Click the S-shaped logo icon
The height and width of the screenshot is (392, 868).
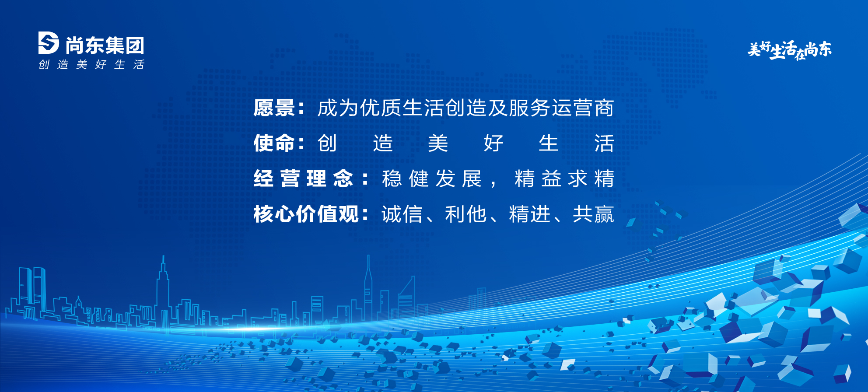click(x=49, y=43)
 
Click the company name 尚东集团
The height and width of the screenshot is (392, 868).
click(x=105, y=45)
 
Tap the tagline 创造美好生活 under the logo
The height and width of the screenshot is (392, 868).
click(x=91, y=65)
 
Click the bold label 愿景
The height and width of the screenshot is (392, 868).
click(x=274, y=108)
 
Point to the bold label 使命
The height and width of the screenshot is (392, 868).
click(x=274, y=143)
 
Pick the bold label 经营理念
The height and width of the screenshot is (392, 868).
click(x=303, y=178)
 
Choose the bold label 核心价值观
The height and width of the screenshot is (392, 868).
click(x=306, y=214)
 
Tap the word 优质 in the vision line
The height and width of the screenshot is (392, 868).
click(x=381, y=108)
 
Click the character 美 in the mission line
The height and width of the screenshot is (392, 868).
click(x=438, y=143)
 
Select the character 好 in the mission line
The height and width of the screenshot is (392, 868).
click(x=493, y=143)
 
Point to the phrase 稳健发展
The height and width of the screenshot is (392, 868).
click(x=432, y=178)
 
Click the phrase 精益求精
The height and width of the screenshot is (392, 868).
click(x=564, y=178)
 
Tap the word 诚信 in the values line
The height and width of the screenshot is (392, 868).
click(x=402, y=214)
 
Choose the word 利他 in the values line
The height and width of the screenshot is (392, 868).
click(x=466, y=214)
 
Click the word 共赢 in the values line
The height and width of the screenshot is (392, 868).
click(x=594, y=214)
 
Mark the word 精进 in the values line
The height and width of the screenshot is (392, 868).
click(x=530, y=214)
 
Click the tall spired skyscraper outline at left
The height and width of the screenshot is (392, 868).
click(x=163, y=291)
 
